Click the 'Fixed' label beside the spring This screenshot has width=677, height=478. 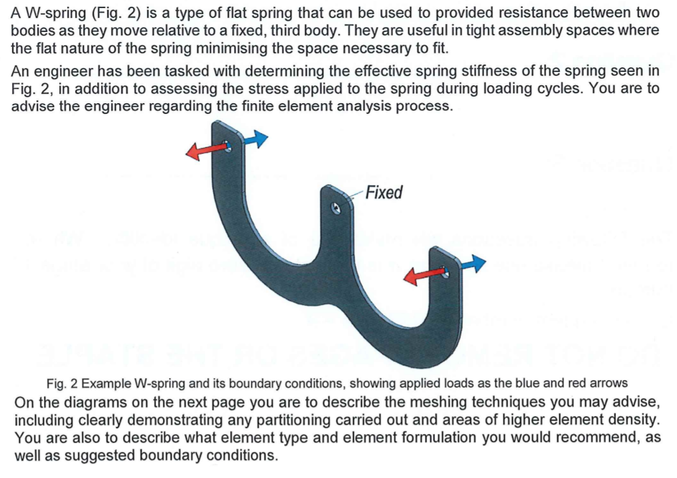pyautogui.click(x=384, y=193)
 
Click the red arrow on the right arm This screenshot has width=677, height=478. pyautogui.click(x=422, y=275)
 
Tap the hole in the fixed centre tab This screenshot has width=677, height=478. pyautogui.click(x=336, y=208)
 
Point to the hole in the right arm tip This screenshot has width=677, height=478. pyautogui.click(x=445, y=272)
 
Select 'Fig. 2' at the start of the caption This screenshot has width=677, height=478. pyautogui.click(x=63, y=384)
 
